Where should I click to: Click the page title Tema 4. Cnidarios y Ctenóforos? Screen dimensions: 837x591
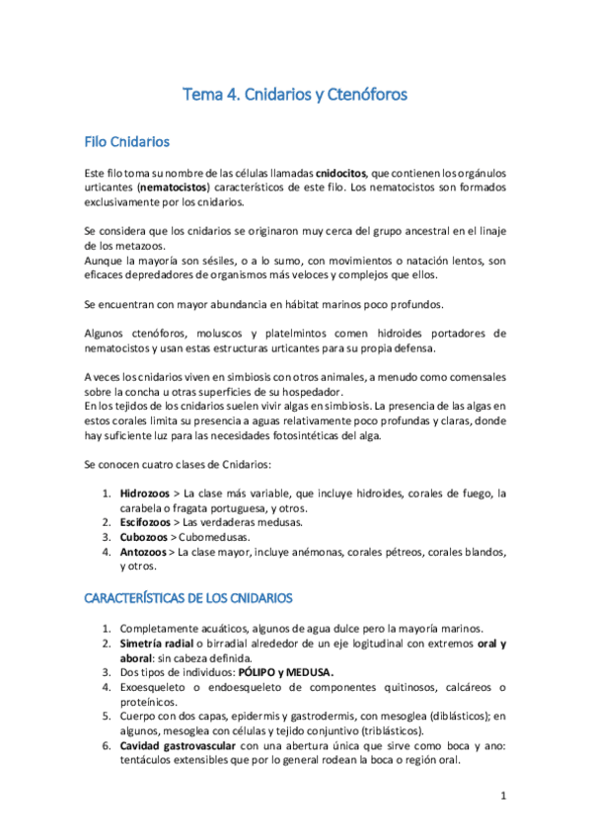[x=295, y=96]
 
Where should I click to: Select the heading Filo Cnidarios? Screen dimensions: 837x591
[x=127, y=142]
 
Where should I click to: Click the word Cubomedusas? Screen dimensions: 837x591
[x=217, y=537]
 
